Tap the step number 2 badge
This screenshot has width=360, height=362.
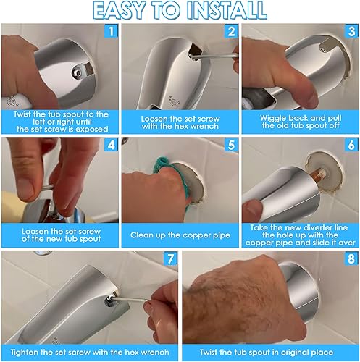230,33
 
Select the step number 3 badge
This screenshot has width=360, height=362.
350,33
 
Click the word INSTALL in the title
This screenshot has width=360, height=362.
227,11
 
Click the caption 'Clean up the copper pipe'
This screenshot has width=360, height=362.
180,235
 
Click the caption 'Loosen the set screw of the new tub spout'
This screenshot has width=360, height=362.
59,235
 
